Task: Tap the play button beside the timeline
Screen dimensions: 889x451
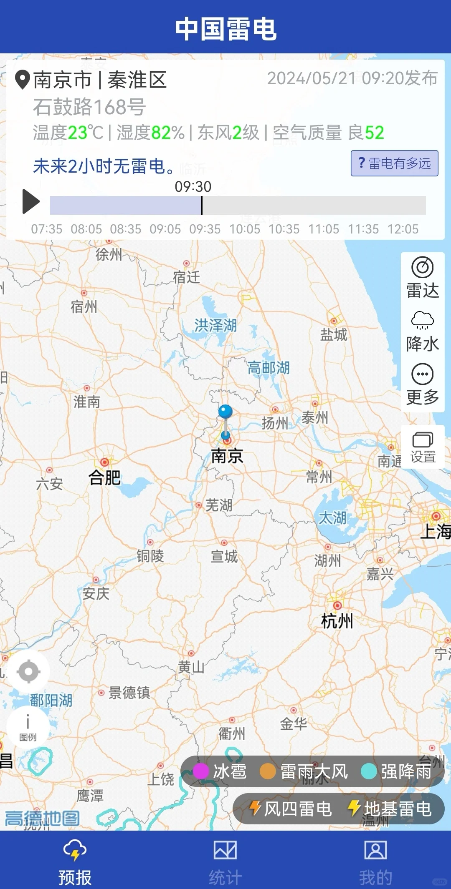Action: pyautogui.click(x=31, y=201)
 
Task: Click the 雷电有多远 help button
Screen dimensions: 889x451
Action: pyautogui.click(x=394, y=163)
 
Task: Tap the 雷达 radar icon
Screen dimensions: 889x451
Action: pyautogui.click(x=422, y=268)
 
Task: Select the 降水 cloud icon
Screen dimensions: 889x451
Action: pyautogui.click(x=422, y=320)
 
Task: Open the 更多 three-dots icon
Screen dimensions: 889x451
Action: pyautogui.click(x=422, y=374)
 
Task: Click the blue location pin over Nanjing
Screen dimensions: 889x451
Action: pyautogui.click(x=225, y=412)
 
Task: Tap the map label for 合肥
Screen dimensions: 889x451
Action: pyautogui.click(x=104, y=477)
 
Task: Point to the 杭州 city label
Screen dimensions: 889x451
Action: pyautogui.click(x=337, y=621)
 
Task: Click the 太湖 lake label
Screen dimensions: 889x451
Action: pyautogui.click(x=332, y=518)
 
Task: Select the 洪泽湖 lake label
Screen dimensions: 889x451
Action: pyautogui.click(x=215, y=325)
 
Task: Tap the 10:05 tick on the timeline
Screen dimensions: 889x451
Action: pyautogui.click(x=245, y=229)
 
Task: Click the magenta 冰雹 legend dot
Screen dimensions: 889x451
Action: pyautogui.click(x=201, y=771)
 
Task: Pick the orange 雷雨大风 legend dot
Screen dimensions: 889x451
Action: pyautogui.click(x=268, y=771)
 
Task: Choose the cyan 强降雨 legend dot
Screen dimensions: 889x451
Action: pyautogui.click(x=369, y=771)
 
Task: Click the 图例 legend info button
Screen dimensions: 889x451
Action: pyautogui.click(x=28, y=727)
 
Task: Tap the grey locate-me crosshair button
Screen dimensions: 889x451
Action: pyautogui.click(x=28, y=672)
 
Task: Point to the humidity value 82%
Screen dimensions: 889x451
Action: pyautogui.click(x=167, y=133)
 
